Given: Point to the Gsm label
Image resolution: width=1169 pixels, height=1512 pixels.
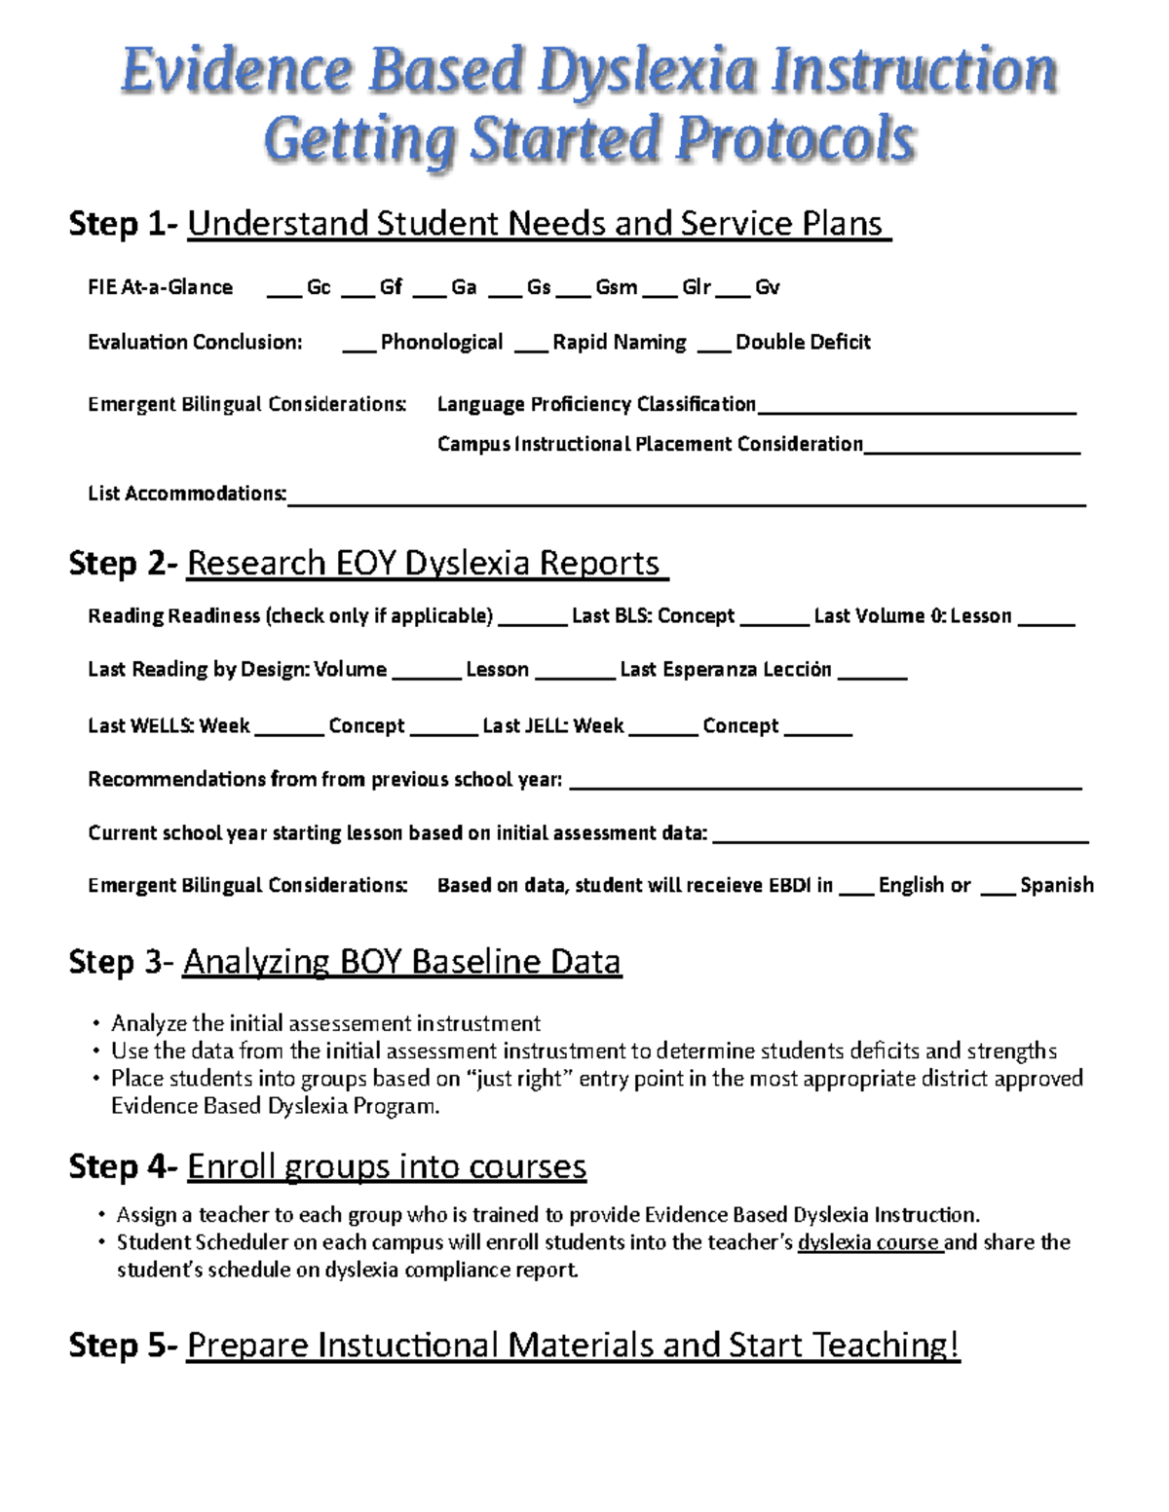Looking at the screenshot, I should pyautogui.click(x=616, y=287).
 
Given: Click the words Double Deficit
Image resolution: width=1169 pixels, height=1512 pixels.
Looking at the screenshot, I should pyautogui.click(x=803, y=342).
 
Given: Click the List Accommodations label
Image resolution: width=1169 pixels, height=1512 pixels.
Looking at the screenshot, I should pyautogui.click(x=187, y=494).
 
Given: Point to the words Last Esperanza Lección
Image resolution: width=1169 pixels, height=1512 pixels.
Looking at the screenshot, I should pyautogui.click(x=726, y=670).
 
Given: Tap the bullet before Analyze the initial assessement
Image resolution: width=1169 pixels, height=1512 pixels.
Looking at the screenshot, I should pyautogui.click(x=95, y=1023).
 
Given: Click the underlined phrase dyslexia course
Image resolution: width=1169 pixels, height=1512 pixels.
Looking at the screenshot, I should pyautogui.click(x=869, y=1242).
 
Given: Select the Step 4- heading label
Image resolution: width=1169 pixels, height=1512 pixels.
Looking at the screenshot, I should pyautogui.click(x=123, y=1166).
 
